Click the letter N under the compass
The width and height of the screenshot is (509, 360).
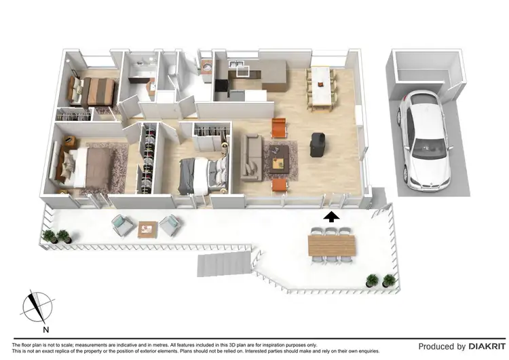coord(46,330)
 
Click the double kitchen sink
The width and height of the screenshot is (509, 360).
coord(237,67)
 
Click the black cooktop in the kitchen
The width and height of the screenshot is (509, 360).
coord(221,86)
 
